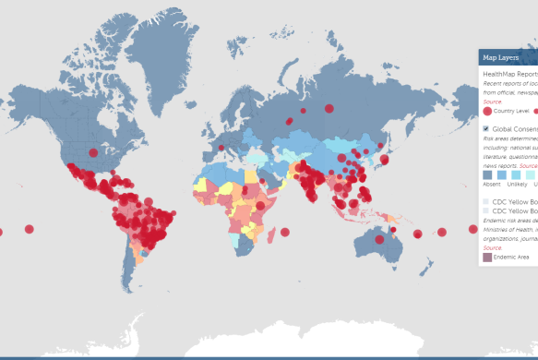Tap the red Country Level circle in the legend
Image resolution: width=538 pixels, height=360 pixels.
tap(487, 111)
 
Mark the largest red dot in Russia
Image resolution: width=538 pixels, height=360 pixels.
tap(329, 108)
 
